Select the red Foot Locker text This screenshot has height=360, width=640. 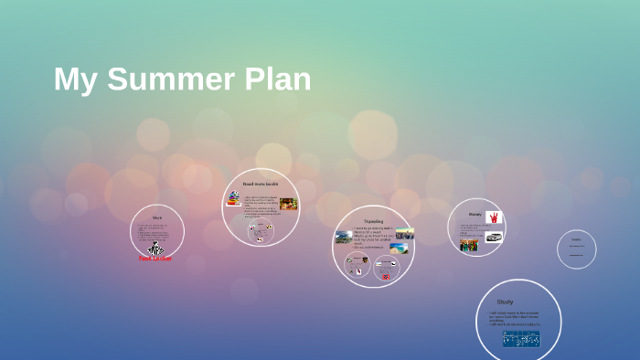[155, 259]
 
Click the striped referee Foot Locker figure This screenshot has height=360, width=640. [155, 248]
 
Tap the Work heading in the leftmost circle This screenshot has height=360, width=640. [157, 218]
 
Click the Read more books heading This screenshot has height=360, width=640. [261, 185]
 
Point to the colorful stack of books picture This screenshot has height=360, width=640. [234, 199]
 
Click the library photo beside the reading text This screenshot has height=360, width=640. [289, 204]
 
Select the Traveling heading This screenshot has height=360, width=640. [374, 221]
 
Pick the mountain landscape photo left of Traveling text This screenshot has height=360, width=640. [344, 237]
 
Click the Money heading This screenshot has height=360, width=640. [475, 214]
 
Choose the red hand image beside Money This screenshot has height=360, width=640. [494, 217]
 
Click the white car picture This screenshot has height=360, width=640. [494, 237]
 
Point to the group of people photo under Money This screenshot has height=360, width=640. [469, 245]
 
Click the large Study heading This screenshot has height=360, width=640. [505, 302]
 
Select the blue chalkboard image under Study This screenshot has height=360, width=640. [520, 338]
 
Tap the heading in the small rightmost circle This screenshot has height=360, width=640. [576, 239]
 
